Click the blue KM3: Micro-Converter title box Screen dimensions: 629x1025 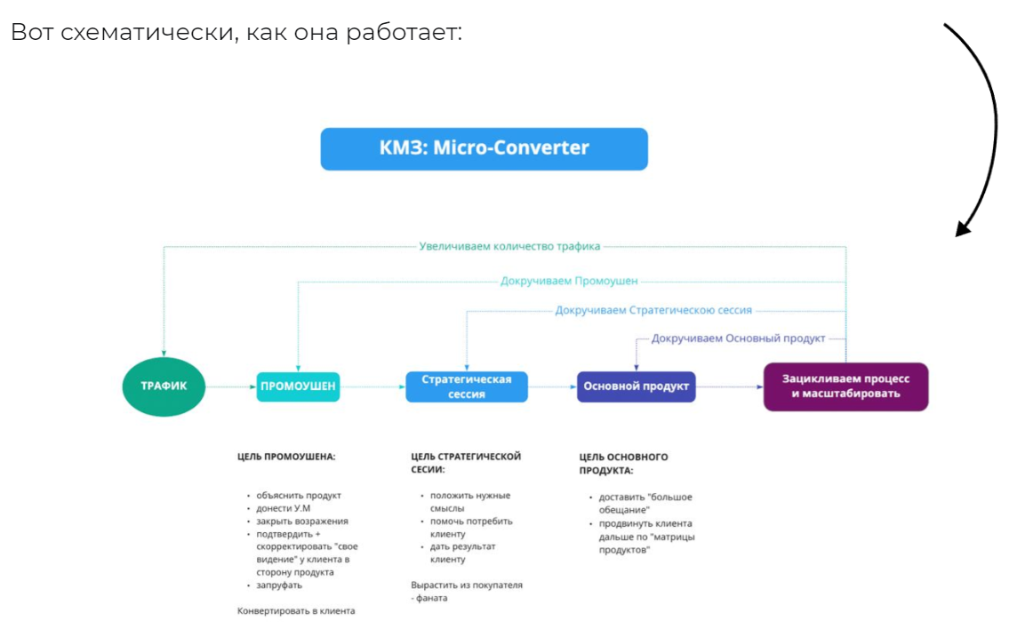484,148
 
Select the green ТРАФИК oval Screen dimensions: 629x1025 163,386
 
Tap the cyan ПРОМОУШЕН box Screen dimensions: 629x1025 298,386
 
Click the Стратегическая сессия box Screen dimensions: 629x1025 467,386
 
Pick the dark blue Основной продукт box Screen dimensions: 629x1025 636,386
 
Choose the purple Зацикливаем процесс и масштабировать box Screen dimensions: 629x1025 845,386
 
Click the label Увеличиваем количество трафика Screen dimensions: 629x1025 509,246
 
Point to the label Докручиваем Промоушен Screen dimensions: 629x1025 569,281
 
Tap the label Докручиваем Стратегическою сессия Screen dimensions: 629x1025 653,310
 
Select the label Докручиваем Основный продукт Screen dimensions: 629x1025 738,338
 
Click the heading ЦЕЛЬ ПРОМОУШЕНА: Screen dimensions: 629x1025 286,457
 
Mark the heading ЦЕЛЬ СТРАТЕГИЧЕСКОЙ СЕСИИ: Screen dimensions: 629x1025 466,462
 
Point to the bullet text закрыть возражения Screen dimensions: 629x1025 302,522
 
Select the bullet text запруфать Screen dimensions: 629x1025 279,585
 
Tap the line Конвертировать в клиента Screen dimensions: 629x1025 296,610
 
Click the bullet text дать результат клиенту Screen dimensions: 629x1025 462,553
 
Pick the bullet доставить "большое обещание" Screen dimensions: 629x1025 645,503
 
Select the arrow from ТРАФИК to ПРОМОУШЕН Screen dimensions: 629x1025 229,387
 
